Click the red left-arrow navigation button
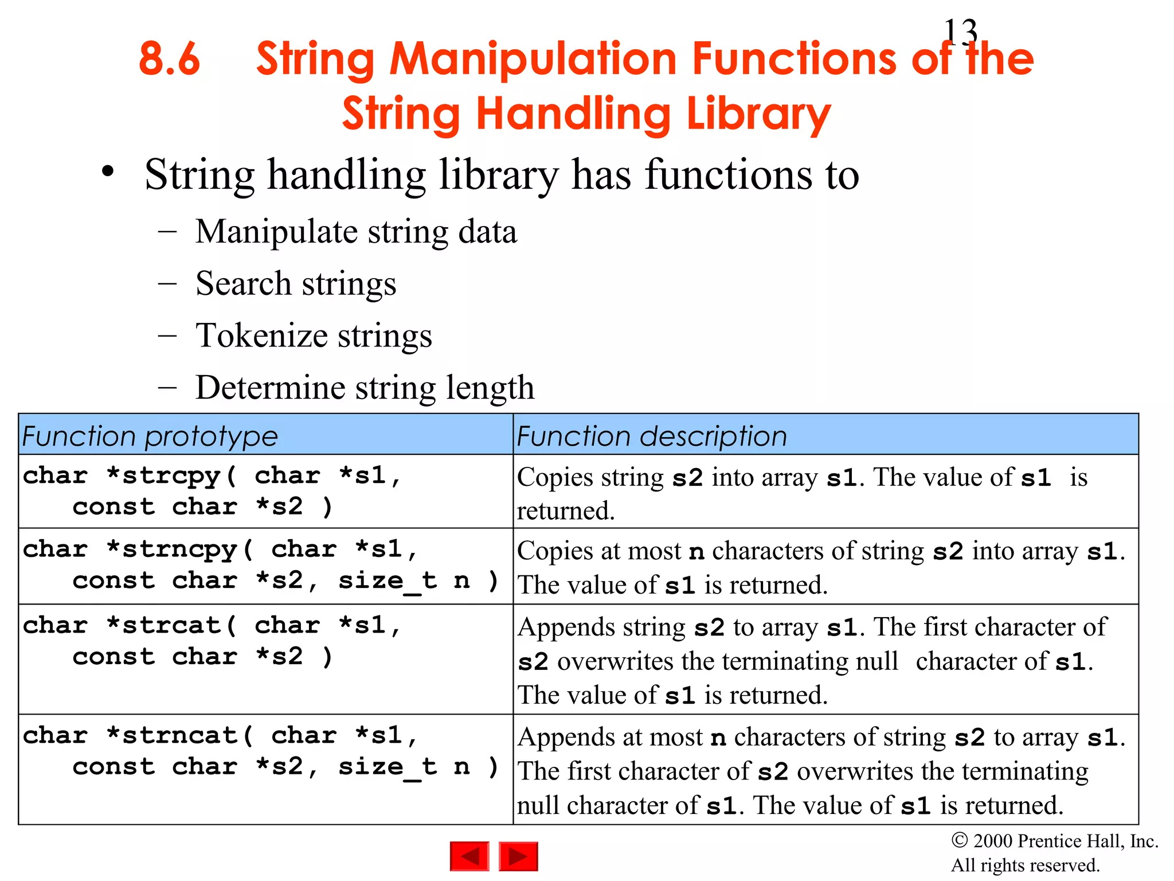[x=469, y=856]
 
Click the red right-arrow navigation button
[x=518, y=856]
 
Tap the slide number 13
[x=960, y=32]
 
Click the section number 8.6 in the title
[x=169, y=59]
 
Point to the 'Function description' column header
[x=652, y=436]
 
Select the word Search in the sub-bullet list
[x=244, y=283]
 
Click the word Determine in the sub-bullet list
[x=270, y=387]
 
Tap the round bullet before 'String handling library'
[x=108, y=171]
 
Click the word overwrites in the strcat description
[x=615, y=661]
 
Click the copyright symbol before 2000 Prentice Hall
[x=960, y=840]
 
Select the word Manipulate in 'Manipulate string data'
[x=276, y=232]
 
